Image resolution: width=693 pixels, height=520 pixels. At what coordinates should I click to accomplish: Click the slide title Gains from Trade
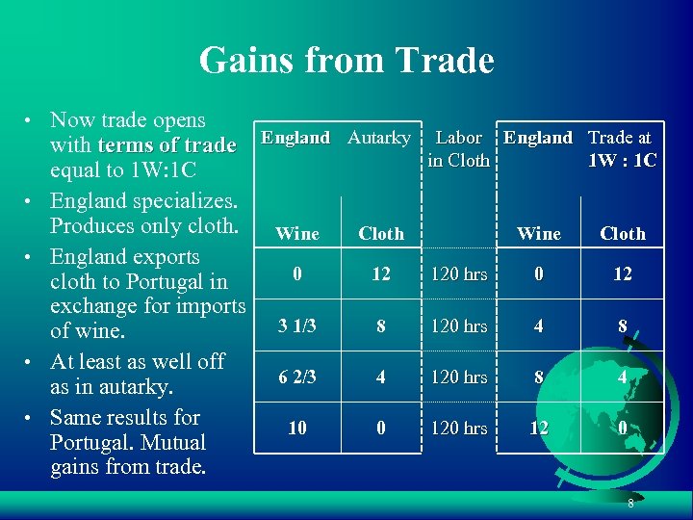[346, 61]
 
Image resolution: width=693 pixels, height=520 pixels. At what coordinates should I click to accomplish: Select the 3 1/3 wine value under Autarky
[297, 325]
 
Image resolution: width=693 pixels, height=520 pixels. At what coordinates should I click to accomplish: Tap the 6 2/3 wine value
[297, 377]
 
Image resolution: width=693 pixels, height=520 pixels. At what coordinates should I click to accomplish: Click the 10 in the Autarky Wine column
[297, 428]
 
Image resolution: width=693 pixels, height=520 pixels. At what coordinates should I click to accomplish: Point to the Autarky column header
[378, 138]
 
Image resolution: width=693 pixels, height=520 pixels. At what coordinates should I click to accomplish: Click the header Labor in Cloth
[458, 148]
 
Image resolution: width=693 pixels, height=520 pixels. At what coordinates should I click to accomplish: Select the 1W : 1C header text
[622, 160]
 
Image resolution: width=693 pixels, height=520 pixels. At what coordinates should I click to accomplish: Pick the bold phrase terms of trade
[166, 145]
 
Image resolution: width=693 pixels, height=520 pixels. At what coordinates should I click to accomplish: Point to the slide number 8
[630, 504]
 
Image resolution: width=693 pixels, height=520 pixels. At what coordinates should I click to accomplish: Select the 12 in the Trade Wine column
[539, 428]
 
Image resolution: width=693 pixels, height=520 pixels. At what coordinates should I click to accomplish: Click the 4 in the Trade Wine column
[539, 325]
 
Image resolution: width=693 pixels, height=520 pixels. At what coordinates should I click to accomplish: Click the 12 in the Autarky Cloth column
[381, 274]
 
